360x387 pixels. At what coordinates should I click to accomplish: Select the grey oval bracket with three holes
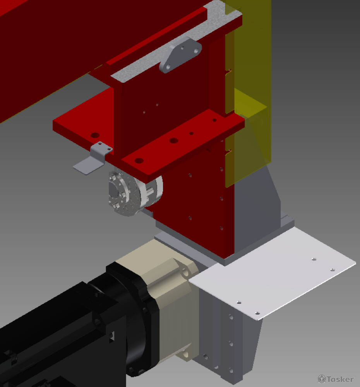click(x=180, y=55)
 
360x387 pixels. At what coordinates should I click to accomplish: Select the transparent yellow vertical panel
click(x=248, y=94)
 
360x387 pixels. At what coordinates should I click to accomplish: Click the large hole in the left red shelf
click(x=95, y=135)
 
